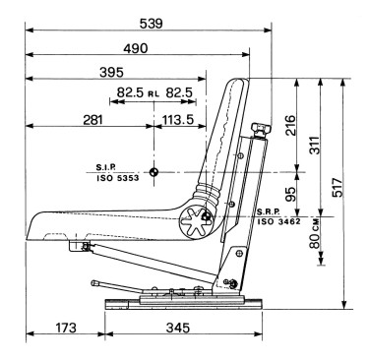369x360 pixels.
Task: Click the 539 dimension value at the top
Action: pos(151,24)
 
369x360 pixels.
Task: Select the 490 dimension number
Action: pos(136,48)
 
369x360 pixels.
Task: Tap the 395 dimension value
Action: pos(111,73)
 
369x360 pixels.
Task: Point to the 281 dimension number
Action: pos(92,120)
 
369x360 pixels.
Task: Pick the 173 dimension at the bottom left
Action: pos(66,328)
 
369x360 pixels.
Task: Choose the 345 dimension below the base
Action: pos(178,328)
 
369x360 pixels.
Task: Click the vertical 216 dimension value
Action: pos(290,125)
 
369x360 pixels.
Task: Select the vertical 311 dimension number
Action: pos(314,145)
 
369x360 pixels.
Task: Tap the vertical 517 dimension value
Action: pos(338,188)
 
